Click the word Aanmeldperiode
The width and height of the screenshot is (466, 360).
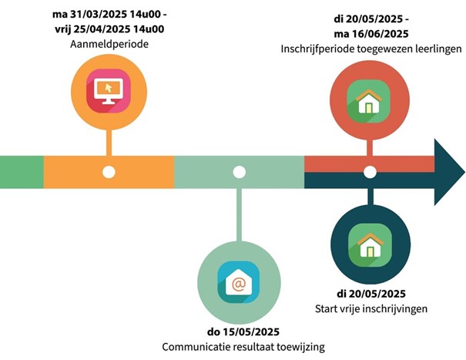pos(109,45)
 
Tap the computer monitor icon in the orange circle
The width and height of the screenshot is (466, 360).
pos(109,91)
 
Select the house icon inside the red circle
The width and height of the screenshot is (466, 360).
pos(368,101)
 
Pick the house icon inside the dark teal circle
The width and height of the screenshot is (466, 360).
pos(370,245)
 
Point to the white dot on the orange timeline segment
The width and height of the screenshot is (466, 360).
pos(109,172)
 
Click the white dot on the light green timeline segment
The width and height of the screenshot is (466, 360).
pos(240,172)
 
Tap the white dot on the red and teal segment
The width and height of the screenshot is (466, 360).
pos(370,172)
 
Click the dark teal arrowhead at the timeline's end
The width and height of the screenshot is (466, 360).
pos(448,172)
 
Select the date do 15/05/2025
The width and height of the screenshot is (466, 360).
pos(243,331)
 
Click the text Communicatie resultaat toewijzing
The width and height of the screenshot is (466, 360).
pos(243,347)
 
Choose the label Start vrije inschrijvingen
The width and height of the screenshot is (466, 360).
pos(371,308)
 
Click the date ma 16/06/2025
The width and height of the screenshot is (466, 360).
pos(371,34)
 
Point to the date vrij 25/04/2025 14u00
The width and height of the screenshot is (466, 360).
pos(109,29)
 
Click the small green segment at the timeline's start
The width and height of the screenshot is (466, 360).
pos(22,172)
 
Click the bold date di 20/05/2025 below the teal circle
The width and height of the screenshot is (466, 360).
pos(371,294)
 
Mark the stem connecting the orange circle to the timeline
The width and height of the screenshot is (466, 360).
pos(109,143)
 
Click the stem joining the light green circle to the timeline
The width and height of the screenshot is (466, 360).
pos(240,215)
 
